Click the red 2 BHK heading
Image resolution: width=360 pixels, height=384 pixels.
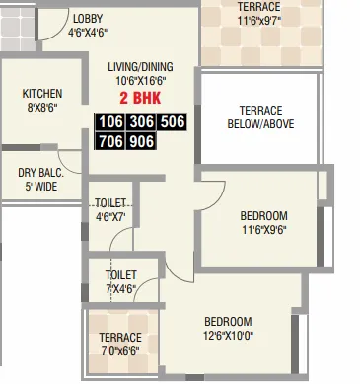tap(138, 99)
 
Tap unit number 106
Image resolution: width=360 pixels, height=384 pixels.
tap(110, 122)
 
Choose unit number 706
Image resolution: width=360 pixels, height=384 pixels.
tap(110, 142)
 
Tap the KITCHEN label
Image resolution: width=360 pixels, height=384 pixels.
tap(42, 95)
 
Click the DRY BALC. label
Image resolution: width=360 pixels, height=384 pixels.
tap(41, 172)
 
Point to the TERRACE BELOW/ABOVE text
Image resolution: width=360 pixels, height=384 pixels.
tap(249, 117)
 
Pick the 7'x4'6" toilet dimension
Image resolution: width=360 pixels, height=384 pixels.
tap(121, 288)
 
